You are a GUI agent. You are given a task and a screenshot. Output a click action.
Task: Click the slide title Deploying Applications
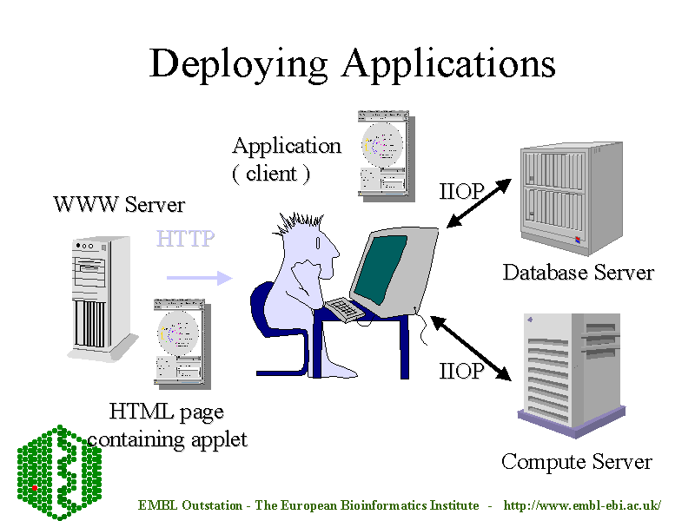click(352, 63)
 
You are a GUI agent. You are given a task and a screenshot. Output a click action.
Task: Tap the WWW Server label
click(119, 205)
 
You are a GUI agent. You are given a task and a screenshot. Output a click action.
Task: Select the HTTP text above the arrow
click(185, 238)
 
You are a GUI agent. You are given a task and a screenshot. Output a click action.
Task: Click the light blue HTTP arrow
click(199, 278)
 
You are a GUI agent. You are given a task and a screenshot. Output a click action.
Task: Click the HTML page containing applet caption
click(167, 425)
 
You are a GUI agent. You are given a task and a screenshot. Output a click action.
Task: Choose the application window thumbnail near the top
click(383, 152)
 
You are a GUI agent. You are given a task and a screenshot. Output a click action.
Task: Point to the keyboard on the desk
click(345, 308)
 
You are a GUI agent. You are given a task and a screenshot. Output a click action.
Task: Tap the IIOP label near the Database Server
click(461, 192)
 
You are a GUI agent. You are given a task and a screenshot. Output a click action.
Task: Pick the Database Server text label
click(578, 273)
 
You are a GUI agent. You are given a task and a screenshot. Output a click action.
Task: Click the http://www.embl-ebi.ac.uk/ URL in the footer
click(582, 505)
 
